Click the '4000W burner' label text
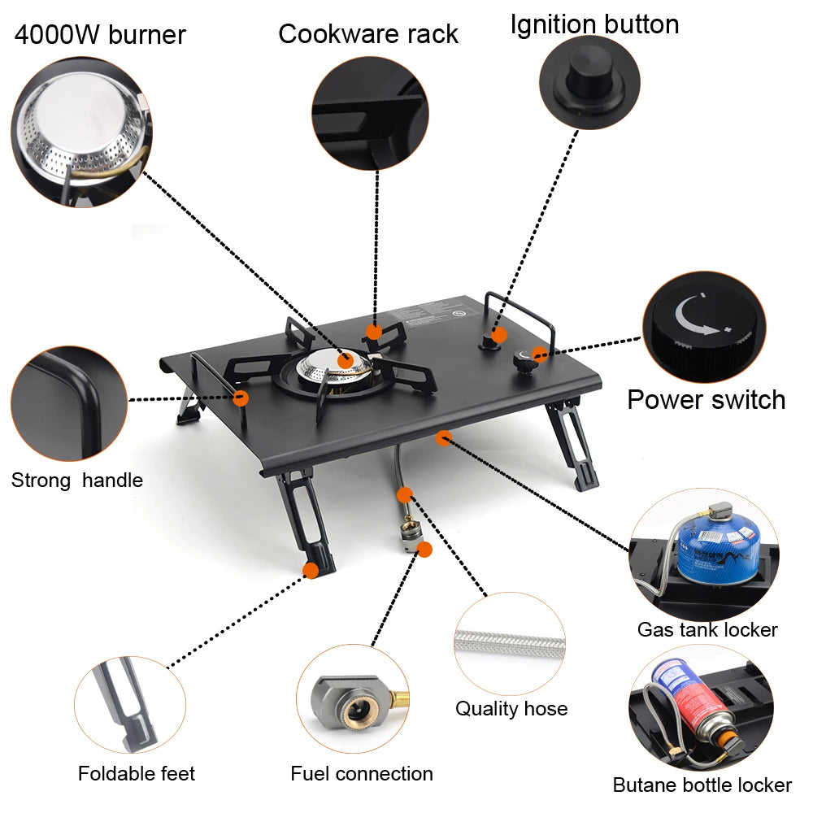pyautogui.click(x=100, y=35)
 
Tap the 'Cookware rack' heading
pyautogui.click(x=367, y=34)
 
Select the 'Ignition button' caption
pyautogui.click(x=594, y=24)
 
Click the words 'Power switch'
pyautogui.click(x=706, y=400)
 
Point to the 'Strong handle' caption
pyautogui.click(x=76, y=480)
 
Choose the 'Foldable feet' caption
pyautogui.click(x=137, y=773)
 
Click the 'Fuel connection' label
pyautogui.click(x=362, y=773)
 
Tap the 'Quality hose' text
pyautogui.click(x=511, y=708)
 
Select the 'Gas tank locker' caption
pyautogui.click(x=706, y=629)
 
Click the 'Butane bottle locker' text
pyautogui.click(x=702, y=785)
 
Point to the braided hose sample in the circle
pyautogui.click(x=510, y=642)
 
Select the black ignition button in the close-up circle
pyautogui.click(x=589, y=72)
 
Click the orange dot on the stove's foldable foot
pyautogui.click(x=310, y=570)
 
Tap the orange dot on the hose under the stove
pyautogui.click(x=404, y=494)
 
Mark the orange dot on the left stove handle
pyautogui.click(x=241, y=398)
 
